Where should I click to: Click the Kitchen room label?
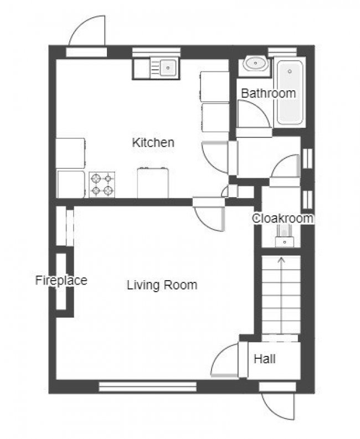click(153, 142)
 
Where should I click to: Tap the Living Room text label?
click(162, 285)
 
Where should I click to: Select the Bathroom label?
click(269, 93)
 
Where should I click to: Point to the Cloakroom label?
click(282, 218)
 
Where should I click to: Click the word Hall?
click(265, 359)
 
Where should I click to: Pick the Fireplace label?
click(61, 280)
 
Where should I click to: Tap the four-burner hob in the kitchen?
click(102, 184)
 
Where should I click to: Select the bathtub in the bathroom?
click(290, 92)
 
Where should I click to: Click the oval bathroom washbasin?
click(255, 64)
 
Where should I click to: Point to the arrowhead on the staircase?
click(281, 260)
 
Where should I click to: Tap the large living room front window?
click(148, 386)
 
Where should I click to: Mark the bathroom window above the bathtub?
click(282, 52)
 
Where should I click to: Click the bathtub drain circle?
click(290, 71)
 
